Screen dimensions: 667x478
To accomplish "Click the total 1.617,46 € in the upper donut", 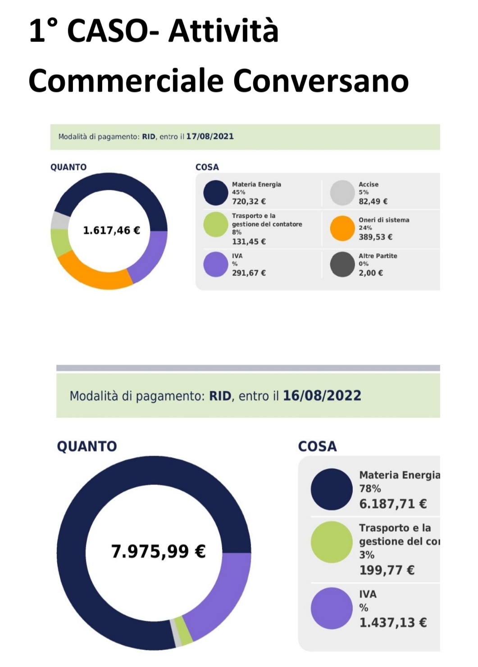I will point(111,231).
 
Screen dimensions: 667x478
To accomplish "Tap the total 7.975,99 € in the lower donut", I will point(158,551).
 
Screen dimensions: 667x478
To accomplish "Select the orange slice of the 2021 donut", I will point(92,273).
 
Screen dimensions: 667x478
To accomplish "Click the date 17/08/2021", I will point(210,136).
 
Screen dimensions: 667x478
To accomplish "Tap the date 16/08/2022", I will point(322,396).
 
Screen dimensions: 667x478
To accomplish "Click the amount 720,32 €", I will point(249,201).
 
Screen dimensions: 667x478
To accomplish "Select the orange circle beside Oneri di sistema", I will point(342,228).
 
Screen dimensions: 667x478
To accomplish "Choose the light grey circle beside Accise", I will point(342,193).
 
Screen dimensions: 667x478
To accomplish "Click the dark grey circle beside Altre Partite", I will point(342,264).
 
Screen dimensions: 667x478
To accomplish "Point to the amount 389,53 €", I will point(375,237).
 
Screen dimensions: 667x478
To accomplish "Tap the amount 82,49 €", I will point(373,201).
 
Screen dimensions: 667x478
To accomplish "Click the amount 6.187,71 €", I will point(393,504).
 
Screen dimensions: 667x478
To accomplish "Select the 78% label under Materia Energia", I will point(370,489).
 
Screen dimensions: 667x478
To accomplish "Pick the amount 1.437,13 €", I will point(393,623).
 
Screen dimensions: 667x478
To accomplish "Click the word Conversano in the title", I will point(320,81).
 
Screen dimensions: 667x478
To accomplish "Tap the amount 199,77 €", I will point(387,570).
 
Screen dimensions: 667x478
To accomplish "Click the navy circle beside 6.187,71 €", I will point(332,489).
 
